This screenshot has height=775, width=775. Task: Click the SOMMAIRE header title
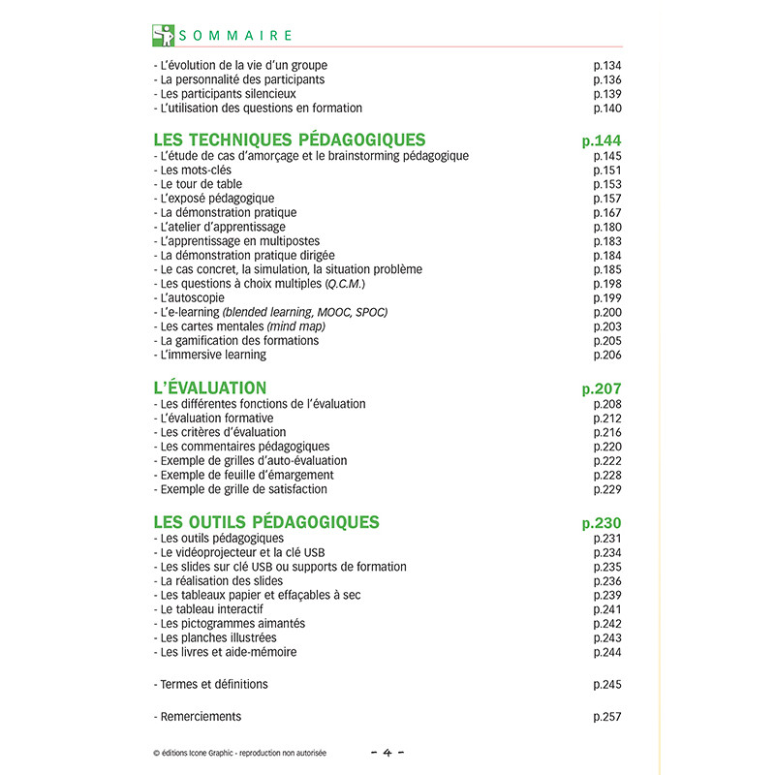pyautogui.click(x=235, y=35)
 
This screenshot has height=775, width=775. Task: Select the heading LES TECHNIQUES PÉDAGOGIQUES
pyautogui.click(x=290, y=139)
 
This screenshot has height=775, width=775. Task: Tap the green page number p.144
pyautogui.click(x=601, y=140)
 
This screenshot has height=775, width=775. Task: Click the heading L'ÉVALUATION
pyautogui.click(x=210, y=387)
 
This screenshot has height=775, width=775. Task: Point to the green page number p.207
pyautogui.click(x=601, y=388)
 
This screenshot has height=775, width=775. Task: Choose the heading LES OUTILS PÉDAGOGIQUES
pyautogui.click(x=266, y=522)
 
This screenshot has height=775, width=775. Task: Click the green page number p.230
pyautogui.click(x=601, y=523)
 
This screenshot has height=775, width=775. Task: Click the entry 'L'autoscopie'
pyautogui.click(x=195, y=298)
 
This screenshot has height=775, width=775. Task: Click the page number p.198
pyautogui.click(x=606, y=284)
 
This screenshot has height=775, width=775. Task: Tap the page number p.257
pyautogui.click(x=606, y=717)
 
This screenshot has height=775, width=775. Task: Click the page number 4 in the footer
pyautogui.click(x=387, y=752)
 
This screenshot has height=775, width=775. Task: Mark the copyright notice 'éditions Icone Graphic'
pyautogui.click(x=239, y=753)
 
